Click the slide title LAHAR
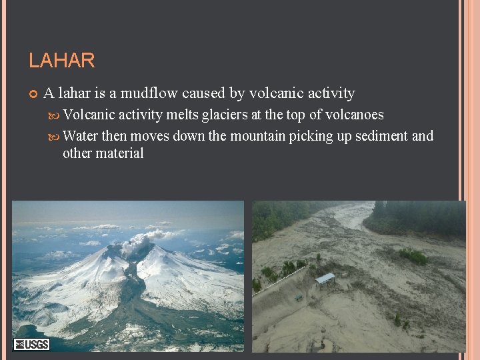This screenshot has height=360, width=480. point(61,61)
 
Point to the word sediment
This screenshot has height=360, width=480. point(381,136)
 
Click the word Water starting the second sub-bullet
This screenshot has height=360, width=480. point(80,136)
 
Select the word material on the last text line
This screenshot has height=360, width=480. point(121,153)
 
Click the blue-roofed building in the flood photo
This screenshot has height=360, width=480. point(325,278)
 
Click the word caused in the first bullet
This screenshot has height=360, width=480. point(203,93)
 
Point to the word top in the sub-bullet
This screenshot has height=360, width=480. point(295,115)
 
